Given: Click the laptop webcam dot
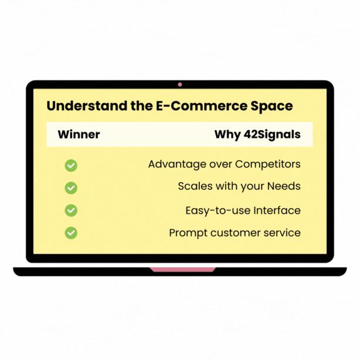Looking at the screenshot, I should (180, 84).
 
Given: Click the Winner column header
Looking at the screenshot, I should (79, 134).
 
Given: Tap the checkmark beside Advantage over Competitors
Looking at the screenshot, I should (71, 165).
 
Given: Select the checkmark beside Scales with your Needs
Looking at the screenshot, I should (71, 188).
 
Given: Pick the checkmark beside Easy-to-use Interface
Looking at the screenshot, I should (71, 210).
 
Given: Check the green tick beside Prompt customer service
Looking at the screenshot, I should (71, 233).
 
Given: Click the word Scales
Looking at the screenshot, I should (194, 186).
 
